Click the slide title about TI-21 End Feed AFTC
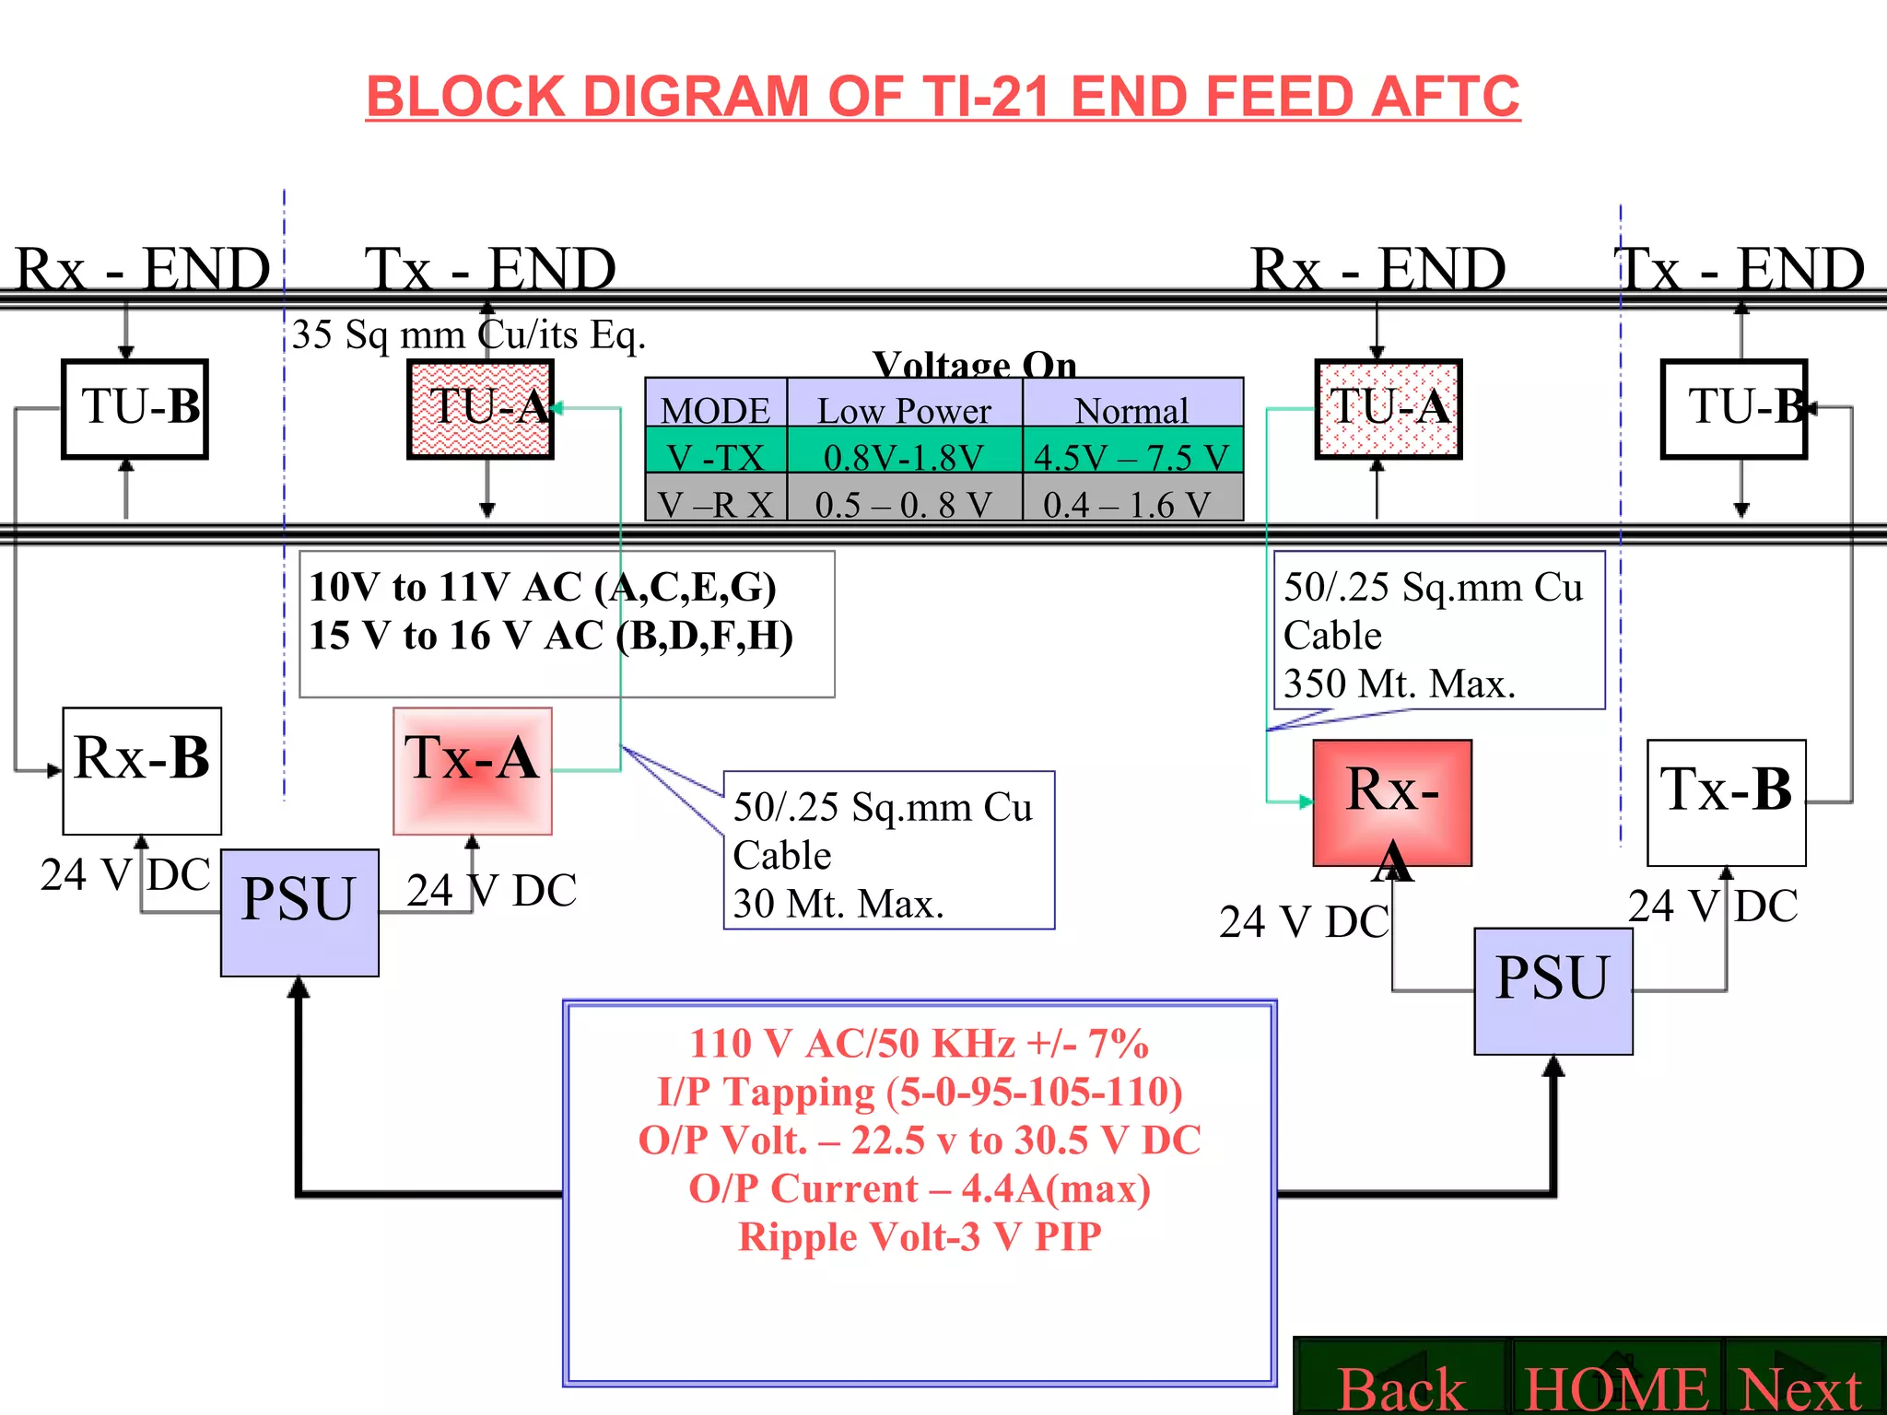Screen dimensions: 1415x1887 [x=943, y=97]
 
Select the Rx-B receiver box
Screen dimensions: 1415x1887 [x=142, y=770]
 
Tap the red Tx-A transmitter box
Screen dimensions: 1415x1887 [x=472, y=770]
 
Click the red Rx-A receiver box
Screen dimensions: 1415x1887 [x=1391, y=801]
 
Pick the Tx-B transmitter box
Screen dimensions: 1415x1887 [x=1726, y=801]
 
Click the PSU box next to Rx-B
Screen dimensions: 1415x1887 [x=299, y=912]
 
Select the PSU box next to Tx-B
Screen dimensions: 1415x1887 [x=1553, y=990]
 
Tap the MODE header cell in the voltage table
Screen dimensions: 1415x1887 [x=715, y=409]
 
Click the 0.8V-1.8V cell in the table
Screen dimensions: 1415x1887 [x=904, y=456]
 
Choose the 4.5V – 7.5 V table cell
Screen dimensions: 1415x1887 [x=1131, y=456]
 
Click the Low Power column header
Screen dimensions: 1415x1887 [x=904, y=409]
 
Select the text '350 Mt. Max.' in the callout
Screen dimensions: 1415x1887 [x=1399, y=684]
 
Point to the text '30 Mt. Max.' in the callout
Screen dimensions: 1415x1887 [x=838, y=904]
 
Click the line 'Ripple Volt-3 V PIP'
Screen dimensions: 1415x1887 [x=920, y=1236]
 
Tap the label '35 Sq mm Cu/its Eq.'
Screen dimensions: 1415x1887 [x=468, y=334]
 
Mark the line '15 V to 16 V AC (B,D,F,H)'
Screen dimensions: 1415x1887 [x=551, y=636]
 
